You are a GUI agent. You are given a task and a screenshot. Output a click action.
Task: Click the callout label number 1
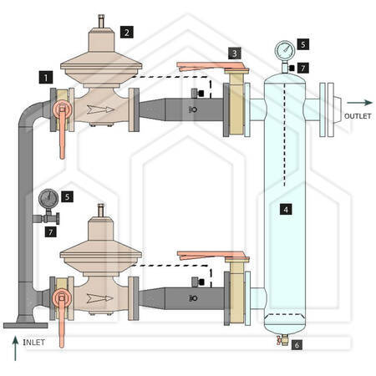(x=46, y=77)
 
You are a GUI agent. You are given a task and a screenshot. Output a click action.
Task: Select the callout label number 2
(x=127, y=32)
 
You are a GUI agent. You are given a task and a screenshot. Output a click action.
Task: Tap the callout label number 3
(x=235, y=53)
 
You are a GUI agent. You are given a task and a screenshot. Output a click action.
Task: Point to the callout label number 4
(x=286, y=209)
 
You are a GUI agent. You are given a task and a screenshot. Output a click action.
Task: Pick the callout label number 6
(x=297, y=345)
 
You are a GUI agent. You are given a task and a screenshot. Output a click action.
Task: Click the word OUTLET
(x=358, y=116)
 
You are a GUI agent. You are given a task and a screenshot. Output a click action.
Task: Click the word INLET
(x=33, y=343)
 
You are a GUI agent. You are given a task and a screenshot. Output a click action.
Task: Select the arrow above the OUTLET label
(x=359, y=103)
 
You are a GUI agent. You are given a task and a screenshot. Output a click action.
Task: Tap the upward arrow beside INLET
(x=15, y=348)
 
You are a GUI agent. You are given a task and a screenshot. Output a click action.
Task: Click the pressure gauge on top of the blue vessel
(x=285, y=51)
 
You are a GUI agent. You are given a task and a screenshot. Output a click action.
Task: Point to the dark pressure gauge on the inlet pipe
(x=48, y=199)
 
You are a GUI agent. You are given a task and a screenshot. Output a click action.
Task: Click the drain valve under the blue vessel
(x=282, y=340)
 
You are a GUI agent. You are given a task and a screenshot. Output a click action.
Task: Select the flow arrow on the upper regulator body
(x=100, y=109)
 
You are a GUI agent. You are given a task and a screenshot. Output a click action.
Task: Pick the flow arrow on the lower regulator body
(x=100, y=298)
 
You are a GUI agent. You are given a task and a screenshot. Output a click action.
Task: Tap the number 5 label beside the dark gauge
(x=67, y=196)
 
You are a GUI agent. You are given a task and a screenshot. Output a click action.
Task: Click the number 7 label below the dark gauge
(x=51, y=231)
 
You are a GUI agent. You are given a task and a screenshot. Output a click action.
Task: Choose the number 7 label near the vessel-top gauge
(x=303, y=68)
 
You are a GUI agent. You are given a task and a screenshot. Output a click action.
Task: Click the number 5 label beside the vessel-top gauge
(x=303, y=44)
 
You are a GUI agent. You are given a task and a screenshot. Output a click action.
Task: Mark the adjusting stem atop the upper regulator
(x=101, y=21)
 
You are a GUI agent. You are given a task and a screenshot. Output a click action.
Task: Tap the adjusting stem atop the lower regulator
(x=101, y=211)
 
